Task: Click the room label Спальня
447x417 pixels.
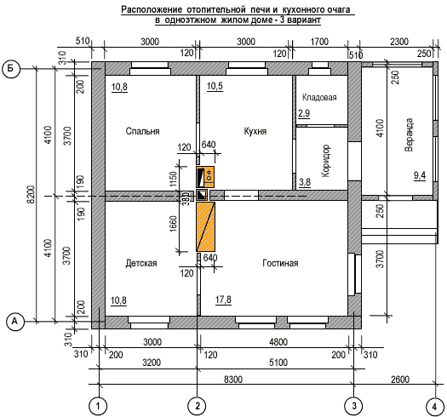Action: point(142,131)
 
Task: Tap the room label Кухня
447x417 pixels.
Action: point(255,131)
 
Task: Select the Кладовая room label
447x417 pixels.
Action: point(319,98)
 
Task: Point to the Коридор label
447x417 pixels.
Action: point(325,161)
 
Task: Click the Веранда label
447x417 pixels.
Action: point(409,134)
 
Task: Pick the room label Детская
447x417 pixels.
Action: point(141,263)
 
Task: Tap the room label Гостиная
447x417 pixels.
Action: point(280,263)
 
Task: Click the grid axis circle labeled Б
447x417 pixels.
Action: point(11,69)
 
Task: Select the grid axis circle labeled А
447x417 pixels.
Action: point(14,322)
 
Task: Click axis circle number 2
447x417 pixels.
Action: point(198,406)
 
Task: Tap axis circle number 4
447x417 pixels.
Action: point(435,406)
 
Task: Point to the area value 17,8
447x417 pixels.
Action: point(223,300)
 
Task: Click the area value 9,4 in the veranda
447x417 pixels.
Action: point(420,175)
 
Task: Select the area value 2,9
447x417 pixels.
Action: point(304,113)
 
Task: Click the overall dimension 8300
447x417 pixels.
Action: point(233,380)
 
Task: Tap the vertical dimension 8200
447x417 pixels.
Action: point(32,194)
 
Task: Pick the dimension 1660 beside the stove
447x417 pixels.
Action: point(173,224)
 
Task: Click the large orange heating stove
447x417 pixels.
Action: point(205,226)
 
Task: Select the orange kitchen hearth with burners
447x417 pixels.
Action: point(205,177)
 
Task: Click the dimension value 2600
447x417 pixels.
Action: point(400,380)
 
